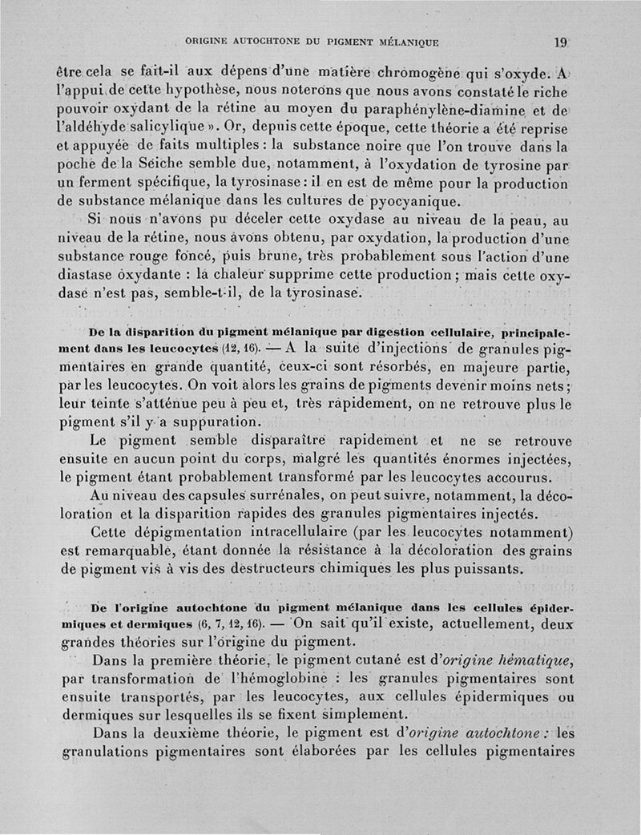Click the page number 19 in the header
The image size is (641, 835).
pos(560,43)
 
